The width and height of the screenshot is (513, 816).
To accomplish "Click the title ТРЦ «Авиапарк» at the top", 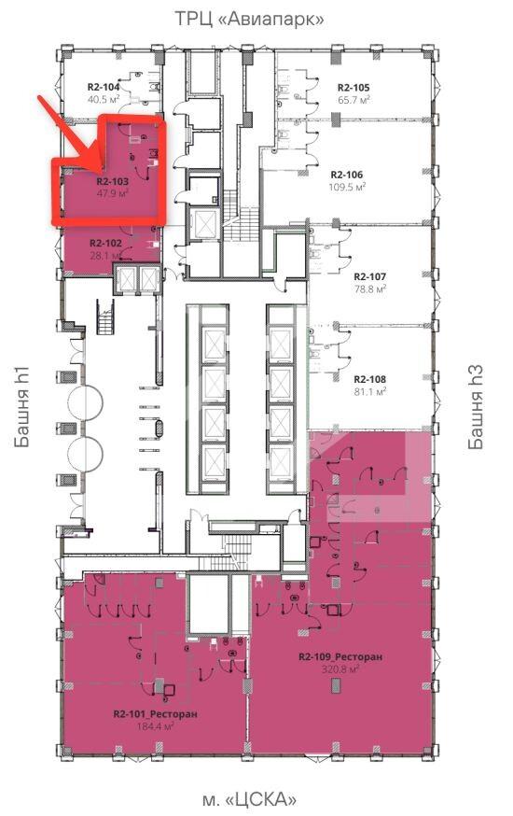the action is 249,20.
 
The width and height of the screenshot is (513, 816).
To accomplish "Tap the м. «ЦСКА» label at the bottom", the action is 249,798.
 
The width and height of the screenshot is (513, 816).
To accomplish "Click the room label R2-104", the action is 103,88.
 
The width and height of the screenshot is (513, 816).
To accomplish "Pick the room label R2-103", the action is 112,182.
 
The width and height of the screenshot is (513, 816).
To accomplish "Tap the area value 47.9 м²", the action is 112,193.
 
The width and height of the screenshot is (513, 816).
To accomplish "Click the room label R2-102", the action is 105,243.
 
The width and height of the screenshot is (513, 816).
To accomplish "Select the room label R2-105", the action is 354,88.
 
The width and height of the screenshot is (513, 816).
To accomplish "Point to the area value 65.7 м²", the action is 354,99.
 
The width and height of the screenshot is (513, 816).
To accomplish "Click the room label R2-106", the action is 347,175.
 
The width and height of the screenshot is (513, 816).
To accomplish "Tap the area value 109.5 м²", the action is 347,187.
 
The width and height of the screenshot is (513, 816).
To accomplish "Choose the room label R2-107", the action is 369,277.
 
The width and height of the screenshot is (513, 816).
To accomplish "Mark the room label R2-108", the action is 369,379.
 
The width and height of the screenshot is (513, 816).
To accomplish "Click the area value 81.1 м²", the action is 369,391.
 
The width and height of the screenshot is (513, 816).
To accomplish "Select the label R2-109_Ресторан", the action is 340,656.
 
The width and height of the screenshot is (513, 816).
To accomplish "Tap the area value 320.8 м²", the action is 340,669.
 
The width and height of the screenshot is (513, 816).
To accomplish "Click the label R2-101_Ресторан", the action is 156,714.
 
